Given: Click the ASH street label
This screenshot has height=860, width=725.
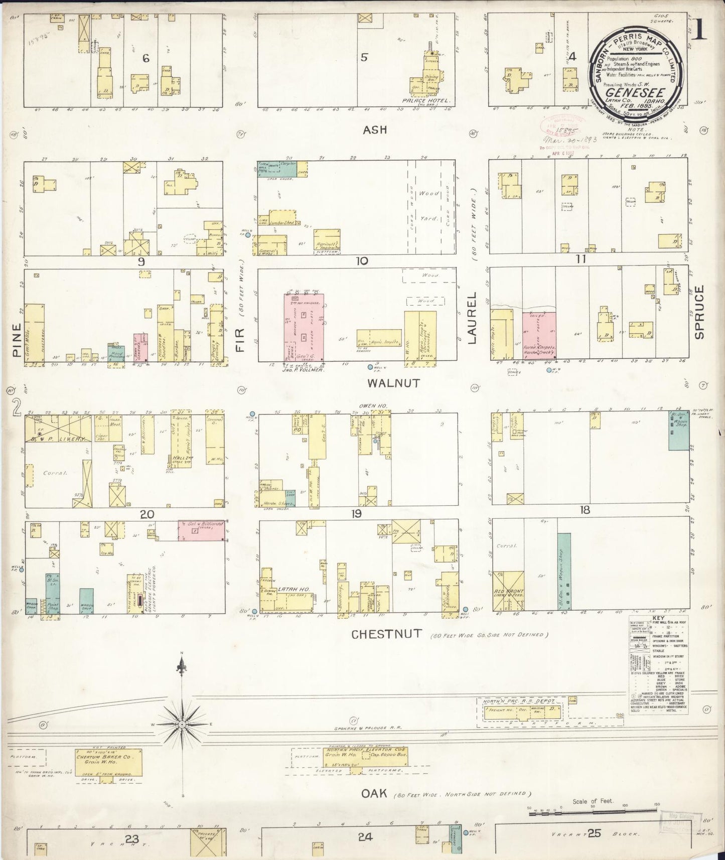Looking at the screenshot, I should (375, 130).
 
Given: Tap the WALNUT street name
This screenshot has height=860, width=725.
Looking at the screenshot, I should (393, 383).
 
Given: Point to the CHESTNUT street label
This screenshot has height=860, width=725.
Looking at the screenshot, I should (386, 634).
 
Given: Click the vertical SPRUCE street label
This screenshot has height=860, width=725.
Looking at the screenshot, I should (700, 312).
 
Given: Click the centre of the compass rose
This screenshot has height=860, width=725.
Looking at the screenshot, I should (183, 724).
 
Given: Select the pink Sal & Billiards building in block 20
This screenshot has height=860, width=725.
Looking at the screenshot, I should (201, 530).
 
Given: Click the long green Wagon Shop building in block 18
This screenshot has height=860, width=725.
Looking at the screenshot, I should (563, 574).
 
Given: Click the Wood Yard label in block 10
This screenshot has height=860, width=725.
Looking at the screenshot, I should (428, 206).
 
